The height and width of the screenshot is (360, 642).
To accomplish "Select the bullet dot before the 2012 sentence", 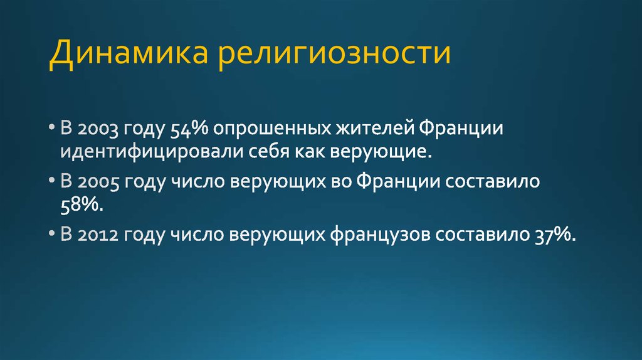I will click(x=51, y=235).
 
